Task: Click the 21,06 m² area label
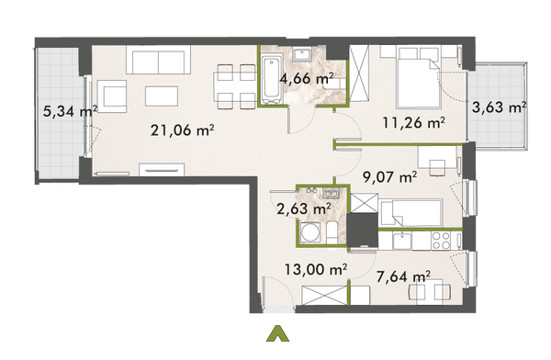point(182,129)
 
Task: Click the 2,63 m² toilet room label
point(303,208)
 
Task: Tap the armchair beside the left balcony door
point(111,96)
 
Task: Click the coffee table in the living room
point(164,96)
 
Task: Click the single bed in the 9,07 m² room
point(413,210)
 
